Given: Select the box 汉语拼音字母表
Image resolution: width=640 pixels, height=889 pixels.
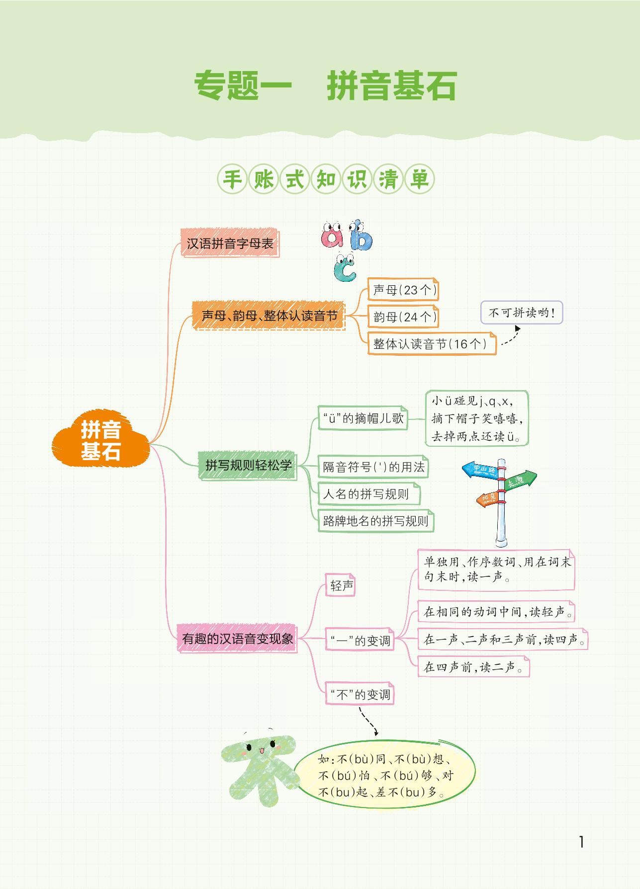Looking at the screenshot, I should pos(230,243).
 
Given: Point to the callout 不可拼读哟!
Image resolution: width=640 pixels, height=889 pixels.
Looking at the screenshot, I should pos(522,313).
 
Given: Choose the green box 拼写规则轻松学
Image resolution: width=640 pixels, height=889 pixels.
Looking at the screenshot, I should pos(248,466).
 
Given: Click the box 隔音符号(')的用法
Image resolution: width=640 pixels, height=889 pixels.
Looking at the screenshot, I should pos(373,467).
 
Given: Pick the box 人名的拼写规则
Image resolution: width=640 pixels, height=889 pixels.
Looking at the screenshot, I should pos(368,494).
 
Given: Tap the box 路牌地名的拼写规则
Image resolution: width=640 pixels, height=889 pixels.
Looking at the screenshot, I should pos(375,521).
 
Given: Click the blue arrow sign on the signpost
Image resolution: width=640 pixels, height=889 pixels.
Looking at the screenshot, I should pos(480,470).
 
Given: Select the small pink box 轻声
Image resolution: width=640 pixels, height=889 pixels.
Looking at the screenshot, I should pos(342,586).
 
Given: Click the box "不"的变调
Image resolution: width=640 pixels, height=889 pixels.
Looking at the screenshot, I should pos(361,694).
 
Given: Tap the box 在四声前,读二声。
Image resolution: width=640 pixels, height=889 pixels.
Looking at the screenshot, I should pos(473,667).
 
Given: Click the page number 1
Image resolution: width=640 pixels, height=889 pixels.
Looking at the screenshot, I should pos(581,842).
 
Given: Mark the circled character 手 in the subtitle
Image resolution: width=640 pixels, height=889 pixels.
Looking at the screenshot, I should pos(232,179).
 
